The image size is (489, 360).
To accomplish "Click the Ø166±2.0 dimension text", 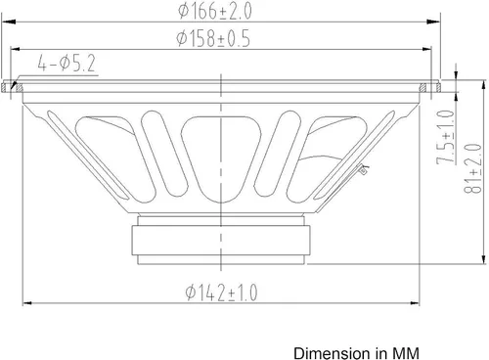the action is [x=215, y=12].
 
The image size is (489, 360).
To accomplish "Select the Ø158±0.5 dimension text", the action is [x=213, y=38].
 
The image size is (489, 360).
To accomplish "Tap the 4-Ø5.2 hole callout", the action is [x=67, y=64].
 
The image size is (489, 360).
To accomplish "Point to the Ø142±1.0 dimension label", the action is [x=221, y=292].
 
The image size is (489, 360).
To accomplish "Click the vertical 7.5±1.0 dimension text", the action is [x=446, y=137].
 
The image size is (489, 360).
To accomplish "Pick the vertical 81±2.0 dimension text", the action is [x=472, y=168].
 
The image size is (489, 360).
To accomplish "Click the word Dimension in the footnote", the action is [x=330, y=353].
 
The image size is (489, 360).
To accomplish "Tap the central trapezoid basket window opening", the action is [x=221, y=159].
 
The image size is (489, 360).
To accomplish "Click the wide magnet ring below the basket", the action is [x=221, y=241].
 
